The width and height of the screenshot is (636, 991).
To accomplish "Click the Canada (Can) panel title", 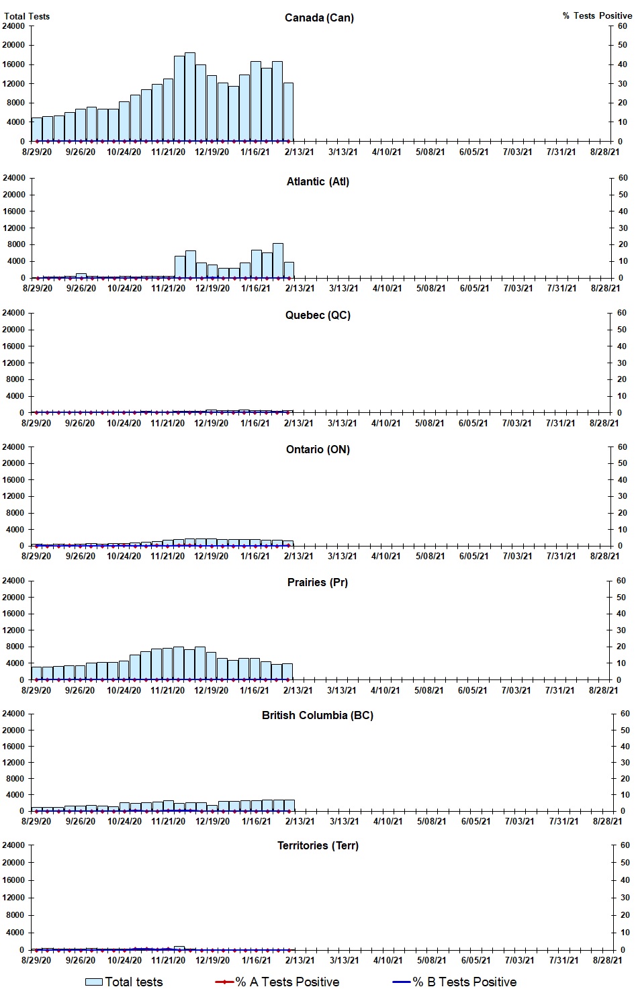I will click(319, 17).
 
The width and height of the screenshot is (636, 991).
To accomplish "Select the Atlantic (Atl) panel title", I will click(318, 181).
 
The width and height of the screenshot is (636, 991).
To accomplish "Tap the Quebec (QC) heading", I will click(318, 315).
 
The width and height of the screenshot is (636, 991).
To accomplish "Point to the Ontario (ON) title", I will click(318, 449).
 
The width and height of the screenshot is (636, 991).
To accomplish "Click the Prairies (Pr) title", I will click(318, 582).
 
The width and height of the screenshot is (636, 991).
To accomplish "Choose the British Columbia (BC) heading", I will click(318, 715).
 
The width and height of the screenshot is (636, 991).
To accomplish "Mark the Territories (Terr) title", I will click(318, 845).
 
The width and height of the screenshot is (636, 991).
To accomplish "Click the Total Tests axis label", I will click(27, 16).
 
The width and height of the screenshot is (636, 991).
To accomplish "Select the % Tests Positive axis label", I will click(597, 15).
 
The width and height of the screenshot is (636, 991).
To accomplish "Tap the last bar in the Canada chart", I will click(288, 112).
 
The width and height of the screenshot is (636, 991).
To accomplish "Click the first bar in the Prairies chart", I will click(36, 673).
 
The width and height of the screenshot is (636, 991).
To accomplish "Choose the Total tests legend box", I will click(94, 982).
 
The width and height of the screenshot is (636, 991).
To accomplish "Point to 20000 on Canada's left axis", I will click(14, 45).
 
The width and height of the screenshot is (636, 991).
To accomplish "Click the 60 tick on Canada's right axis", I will click(623, 26).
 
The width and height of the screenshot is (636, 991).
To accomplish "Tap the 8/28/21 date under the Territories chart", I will click(607, 960).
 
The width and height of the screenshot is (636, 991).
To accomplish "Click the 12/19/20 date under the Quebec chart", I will click(211, 423).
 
